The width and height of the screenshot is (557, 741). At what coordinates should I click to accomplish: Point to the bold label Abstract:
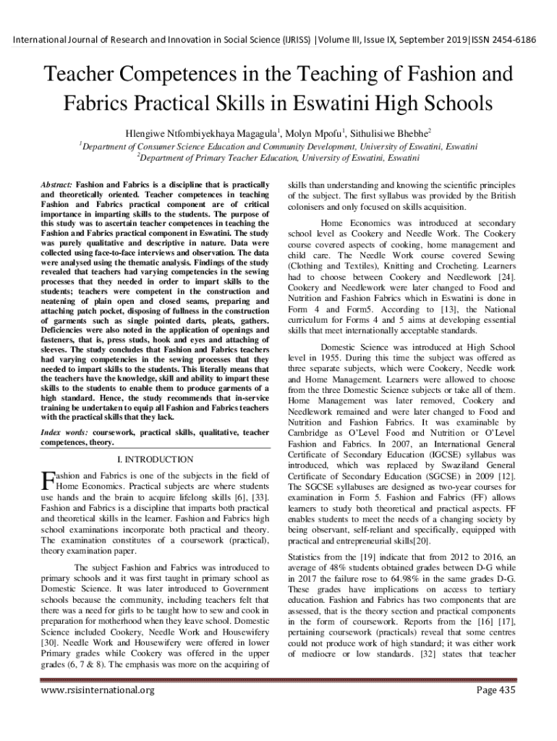click(56, 186)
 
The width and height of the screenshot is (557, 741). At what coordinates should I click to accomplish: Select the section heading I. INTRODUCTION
click(155, 460)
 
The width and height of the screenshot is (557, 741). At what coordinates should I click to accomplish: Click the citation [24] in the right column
click(506, 277)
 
